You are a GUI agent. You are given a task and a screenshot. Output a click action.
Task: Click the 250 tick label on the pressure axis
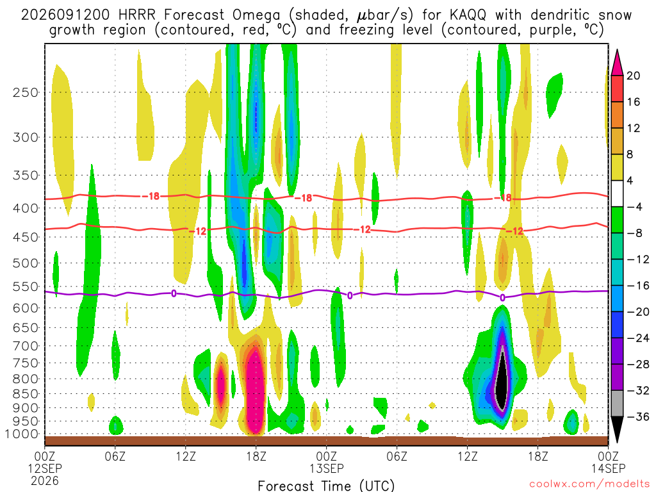25,92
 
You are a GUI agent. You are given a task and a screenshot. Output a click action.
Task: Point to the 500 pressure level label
25,263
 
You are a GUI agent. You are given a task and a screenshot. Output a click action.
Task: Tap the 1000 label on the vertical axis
22,434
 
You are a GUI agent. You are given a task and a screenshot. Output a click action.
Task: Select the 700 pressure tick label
25,346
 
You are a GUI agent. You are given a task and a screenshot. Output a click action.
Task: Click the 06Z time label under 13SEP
397,456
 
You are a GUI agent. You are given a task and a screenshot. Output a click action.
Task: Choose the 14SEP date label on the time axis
609,468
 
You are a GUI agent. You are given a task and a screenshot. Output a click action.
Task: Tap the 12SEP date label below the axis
45,468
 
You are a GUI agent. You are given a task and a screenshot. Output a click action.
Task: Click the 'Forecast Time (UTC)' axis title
326,486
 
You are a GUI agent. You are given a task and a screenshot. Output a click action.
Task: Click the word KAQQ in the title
468,15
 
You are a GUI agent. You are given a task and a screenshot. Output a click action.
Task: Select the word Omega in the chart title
256,15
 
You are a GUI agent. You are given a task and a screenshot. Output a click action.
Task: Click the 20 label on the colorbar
633,76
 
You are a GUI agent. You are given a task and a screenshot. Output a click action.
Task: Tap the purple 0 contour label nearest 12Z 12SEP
174,293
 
